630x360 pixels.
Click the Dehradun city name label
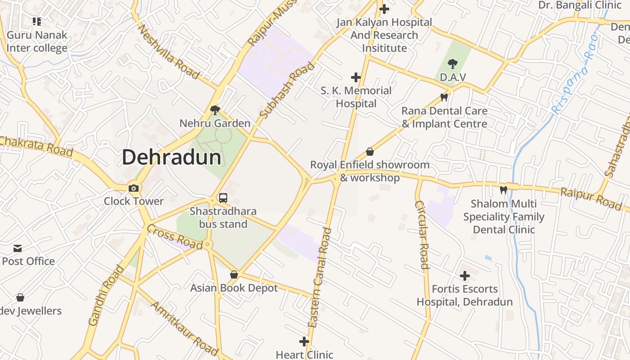pyautogui.click(x=171, y=157)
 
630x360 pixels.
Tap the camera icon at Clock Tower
pyautogui.click(x=134, y=188)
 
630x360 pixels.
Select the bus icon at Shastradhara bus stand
pyautogui.click(x=223, y=198)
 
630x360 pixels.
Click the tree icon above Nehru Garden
pyautogui.click(x=215, y=110)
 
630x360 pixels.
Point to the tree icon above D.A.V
pyautogui.click(x=453, y=64)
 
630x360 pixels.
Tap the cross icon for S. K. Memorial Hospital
pyautogui.click(x=356, y=77)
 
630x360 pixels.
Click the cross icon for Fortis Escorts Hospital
pyautogui.click(x=465, y=275)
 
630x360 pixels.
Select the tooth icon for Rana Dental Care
pyautogui.click(x=444, y=97)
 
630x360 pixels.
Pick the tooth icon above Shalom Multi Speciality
pyautogui.click(x=504, y=190)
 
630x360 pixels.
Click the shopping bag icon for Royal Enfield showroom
pyautogui.click(x=370, y=152)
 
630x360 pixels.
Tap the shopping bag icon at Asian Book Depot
pyautogui.click(x=234, y=274)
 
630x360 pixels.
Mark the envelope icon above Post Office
pyautogui.click(x=18, y=248)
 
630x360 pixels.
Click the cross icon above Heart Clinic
pyautogui.click(x=304, y=342)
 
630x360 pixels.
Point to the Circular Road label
pyautogui.click(x=422, y=234)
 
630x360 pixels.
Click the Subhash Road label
pyautogui.click(x=287, y=91)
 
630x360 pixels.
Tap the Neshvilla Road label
pyautogui.click(x=168, y=52)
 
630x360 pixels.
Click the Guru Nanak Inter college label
pyautogui.click(x=37, y=41)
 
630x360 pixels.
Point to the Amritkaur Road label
pyautogui.click(x=184, y=328)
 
